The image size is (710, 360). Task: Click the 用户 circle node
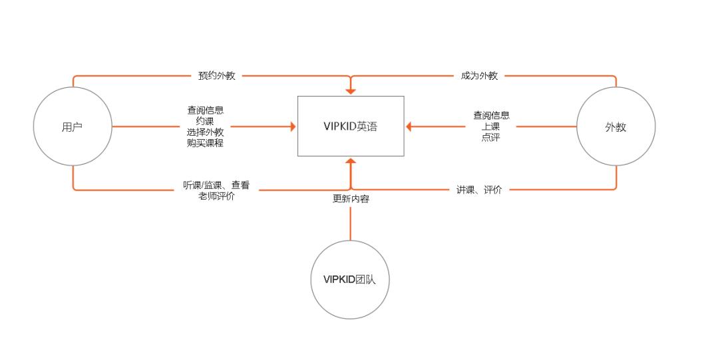pos(73,126)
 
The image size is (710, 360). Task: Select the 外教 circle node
pos(616,126)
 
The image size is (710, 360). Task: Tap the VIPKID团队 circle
pos(350,279)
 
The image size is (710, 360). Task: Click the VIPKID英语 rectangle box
pos(351,126)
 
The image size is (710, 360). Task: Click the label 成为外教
pos(479,76)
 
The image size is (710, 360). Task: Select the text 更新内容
pos(351,198)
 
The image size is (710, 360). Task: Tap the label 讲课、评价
pos(479,190)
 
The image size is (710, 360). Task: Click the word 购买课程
pos(206,142)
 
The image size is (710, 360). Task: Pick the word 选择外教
pos(206,132)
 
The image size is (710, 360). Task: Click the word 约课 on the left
pos(206,121)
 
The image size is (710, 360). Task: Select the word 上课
pos(491,126)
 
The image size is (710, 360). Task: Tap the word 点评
pos(491,138)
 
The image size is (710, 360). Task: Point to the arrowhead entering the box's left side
pos(292,126)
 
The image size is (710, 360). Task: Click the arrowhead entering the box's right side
pos(409,126)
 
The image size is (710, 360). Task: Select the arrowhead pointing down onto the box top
pos(351,92)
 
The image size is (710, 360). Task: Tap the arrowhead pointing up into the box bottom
pos(351,161)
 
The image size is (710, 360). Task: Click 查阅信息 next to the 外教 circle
pos(491,116)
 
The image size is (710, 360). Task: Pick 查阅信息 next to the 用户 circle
pos(206,110)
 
